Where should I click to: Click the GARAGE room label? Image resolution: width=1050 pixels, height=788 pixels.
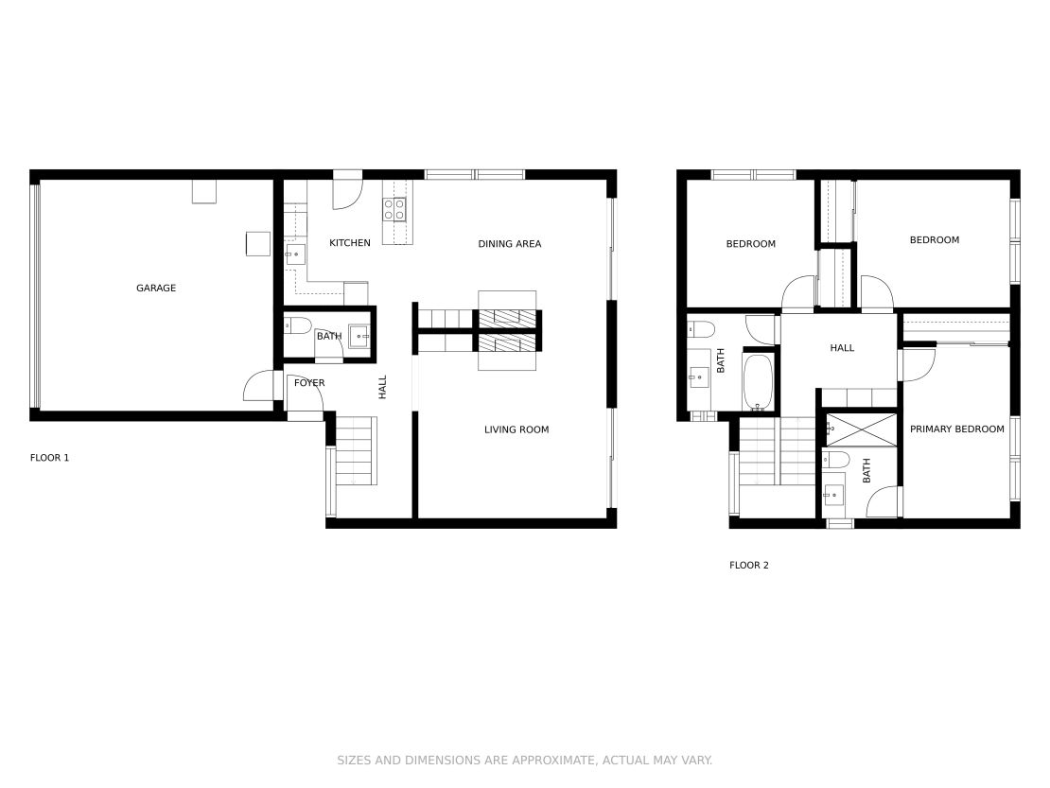[156, 289]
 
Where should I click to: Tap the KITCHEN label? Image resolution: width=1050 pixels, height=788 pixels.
[350, 244]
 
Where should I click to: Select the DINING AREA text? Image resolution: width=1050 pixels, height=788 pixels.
[509, 244]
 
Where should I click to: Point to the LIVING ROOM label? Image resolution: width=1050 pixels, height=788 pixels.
[516, 430]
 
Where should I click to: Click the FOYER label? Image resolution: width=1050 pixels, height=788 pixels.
[309, 383]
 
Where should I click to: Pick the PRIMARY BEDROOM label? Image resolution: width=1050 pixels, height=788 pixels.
[956, 429]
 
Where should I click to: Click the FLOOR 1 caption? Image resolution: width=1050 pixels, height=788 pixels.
[50, 458]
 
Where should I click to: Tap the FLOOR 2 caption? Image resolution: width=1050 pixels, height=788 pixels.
[749, 566]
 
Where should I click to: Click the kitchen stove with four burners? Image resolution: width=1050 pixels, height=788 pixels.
[395, 209]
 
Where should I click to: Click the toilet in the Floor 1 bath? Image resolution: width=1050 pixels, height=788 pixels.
[298, 326]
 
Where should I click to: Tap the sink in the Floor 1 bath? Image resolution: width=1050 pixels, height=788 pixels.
[359, 336]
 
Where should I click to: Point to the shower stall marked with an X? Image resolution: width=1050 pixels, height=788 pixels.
[860, 429]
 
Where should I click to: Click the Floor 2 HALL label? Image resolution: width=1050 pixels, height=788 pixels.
[842, 348]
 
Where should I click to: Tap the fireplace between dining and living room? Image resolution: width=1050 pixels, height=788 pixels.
[507, 330]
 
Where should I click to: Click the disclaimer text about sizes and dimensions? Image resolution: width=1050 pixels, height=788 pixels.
[525, 761]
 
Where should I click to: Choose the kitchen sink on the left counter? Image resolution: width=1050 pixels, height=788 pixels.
[295, 254]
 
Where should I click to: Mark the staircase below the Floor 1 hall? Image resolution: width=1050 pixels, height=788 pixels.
[356, 452]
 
